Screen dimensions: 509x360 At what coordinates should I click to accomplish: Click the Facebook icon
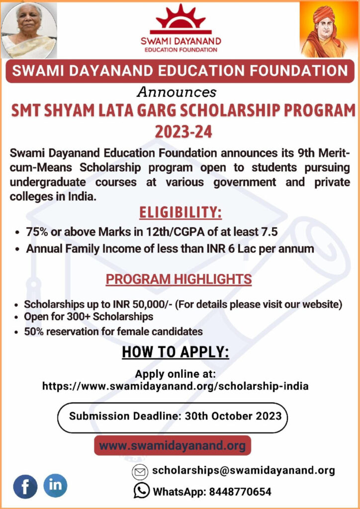coord(25,486)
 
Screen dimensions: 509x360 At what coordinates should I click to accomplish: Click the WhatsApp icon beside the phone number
coord(141,491)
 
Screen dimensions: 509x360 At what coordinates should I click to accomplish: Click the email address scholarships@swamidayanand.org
coord(243,470)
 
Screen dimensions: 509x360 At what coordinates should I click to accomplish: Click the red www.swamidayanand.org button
coord(172,445)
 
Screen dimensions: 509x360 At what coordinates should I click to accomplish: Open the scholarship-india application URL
coord(175,386)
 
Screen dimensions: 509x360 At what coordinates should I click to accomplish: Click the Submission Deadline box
coord(172,416)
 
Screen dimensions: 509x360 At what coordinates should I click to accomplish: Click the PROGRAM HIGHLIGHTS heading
coord(179,279)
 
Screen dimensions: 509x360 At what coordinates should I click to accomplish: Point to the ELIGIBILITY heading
coord(180,213)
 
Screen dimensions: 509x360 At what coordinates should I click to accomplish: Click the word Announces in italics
coord(177,92)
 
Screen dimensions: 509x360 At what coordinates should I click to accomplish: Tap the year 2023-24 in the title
coord(183,132)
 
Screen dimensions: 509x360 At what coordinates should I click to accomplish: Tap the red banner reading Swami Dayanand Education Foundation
coord(180,70)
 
